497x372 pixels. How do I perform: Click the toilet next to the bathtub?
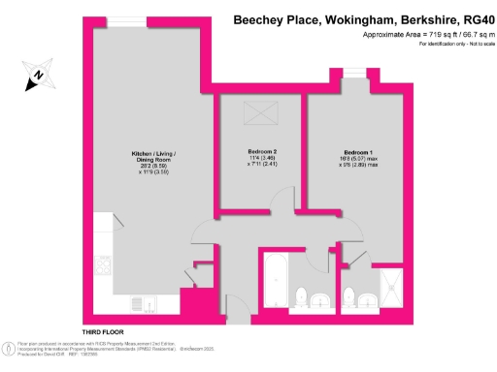point(302,295)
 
